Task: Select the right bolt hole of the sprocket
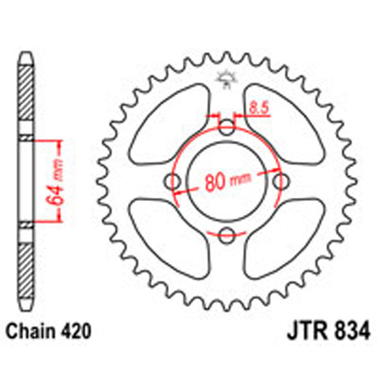[279, 181]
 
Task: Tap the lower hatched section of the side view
[25, 265]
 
